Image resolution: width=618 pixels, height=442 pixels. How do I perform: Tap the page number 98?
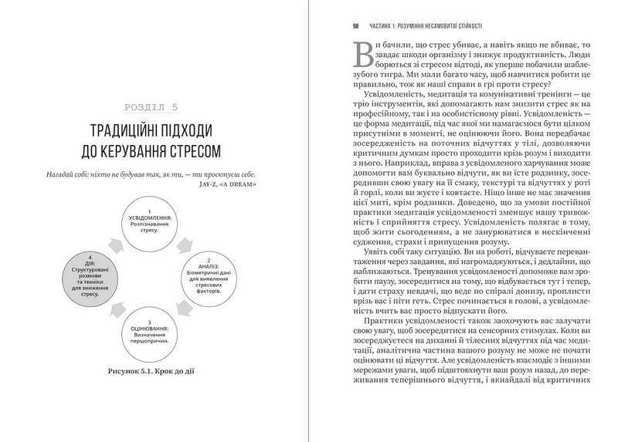click(x=356, y=26)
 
